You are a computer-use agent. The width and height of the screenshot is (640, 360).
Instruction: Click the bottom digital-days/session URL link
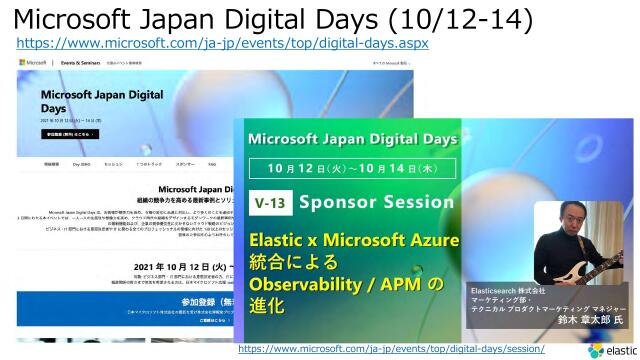pyautogui.click(x=391, y=348)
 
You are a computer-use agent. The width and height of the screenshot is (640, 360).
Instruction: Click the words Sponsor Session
pyautogui.click(x=375, y=201)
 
